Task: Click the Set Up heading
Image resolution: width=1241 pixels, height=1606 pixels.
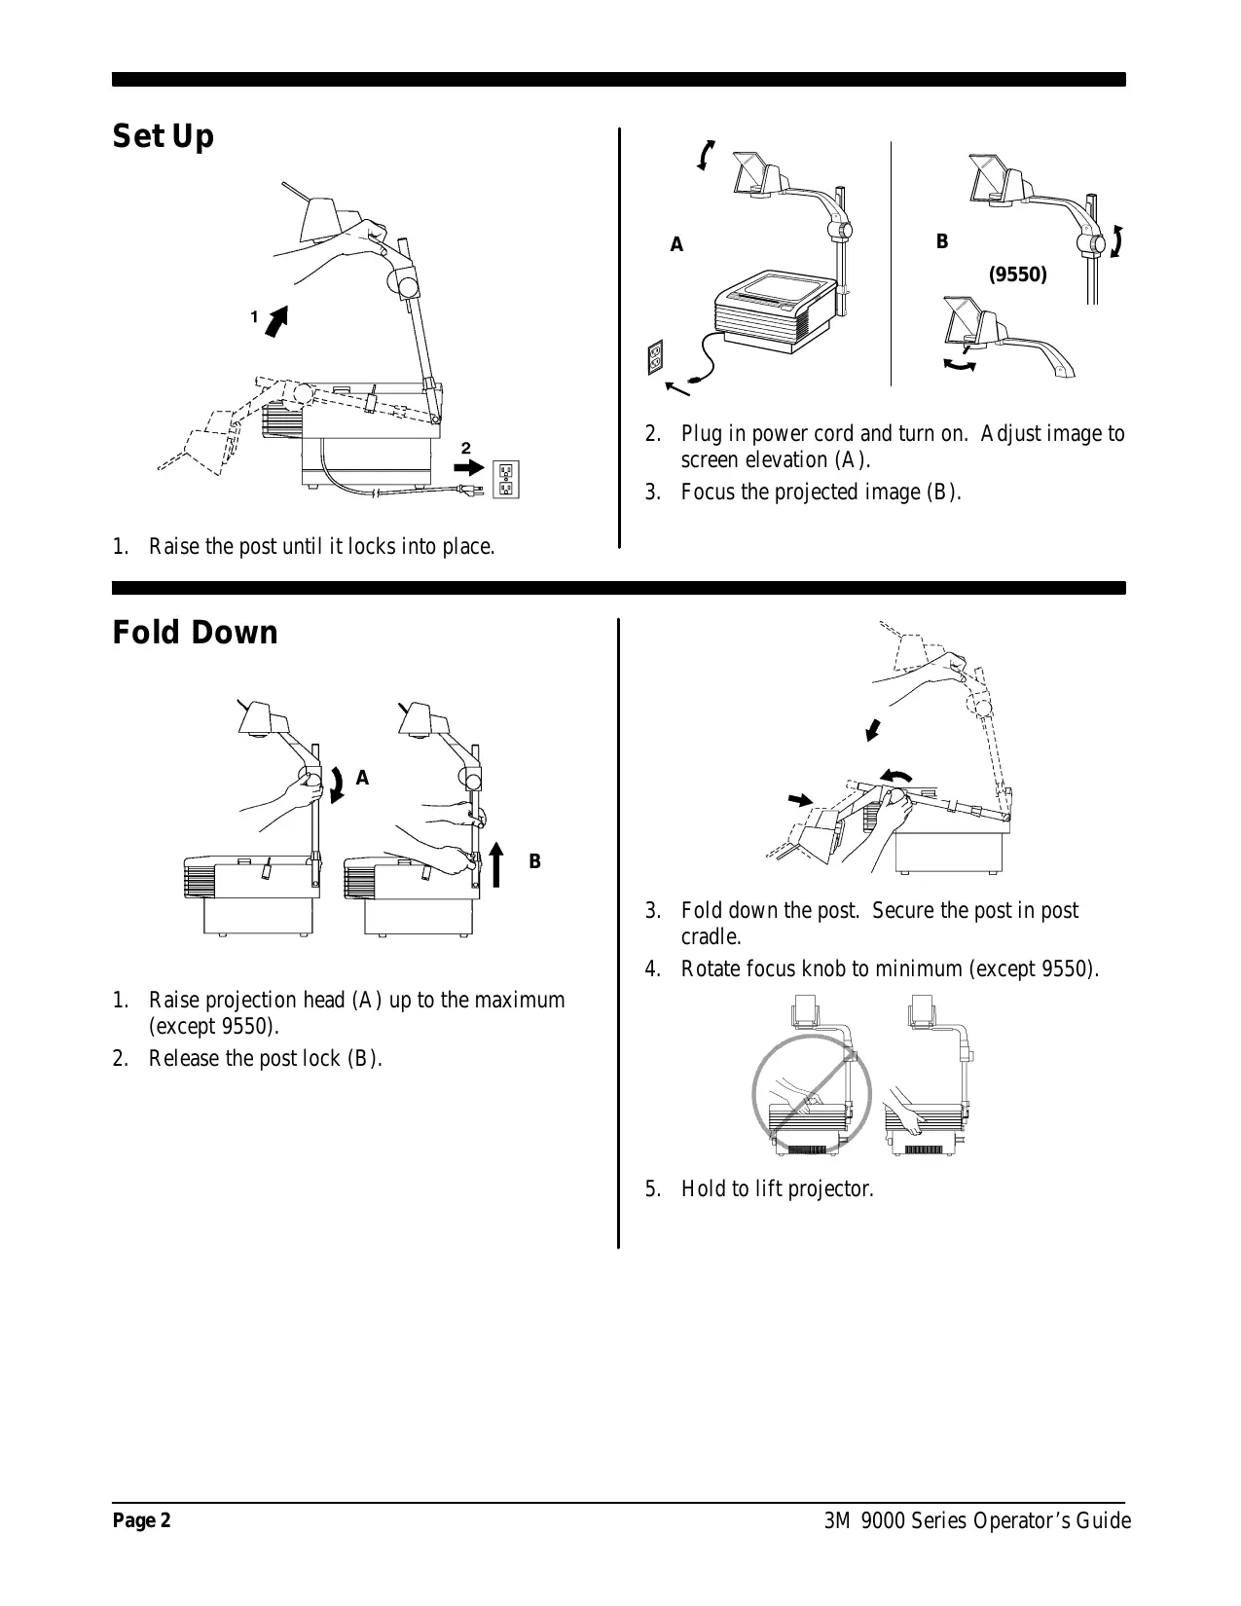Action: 163,136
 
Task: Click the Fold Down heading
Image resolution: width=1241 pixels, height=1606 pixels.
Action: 195,633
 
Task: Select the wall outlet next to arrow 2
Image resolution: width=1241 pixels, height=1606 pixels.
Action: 506,478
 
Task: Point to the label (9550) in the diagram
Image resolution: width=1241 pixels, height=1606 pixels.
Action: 1017,274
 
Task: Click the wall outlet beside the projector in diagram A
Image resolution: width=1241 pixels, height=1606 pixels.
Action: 656,357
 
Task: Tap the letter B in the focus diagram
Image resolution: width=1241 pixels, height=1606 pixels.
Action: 941,241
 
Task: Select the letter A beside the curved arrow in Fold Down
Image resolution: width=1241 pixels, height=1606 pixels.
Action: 362,778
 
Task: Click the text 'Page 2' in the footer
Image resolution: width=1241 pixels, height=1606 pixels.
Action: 141,1521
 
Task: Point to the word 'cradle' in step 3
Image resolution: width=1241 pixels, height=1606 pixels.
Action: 710,937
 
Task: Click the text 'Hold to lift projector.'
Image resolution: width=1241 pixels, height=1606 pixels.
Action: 777,1188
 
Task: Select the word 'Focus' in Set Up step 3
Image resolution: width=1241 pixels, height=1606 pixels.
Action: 710,492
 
